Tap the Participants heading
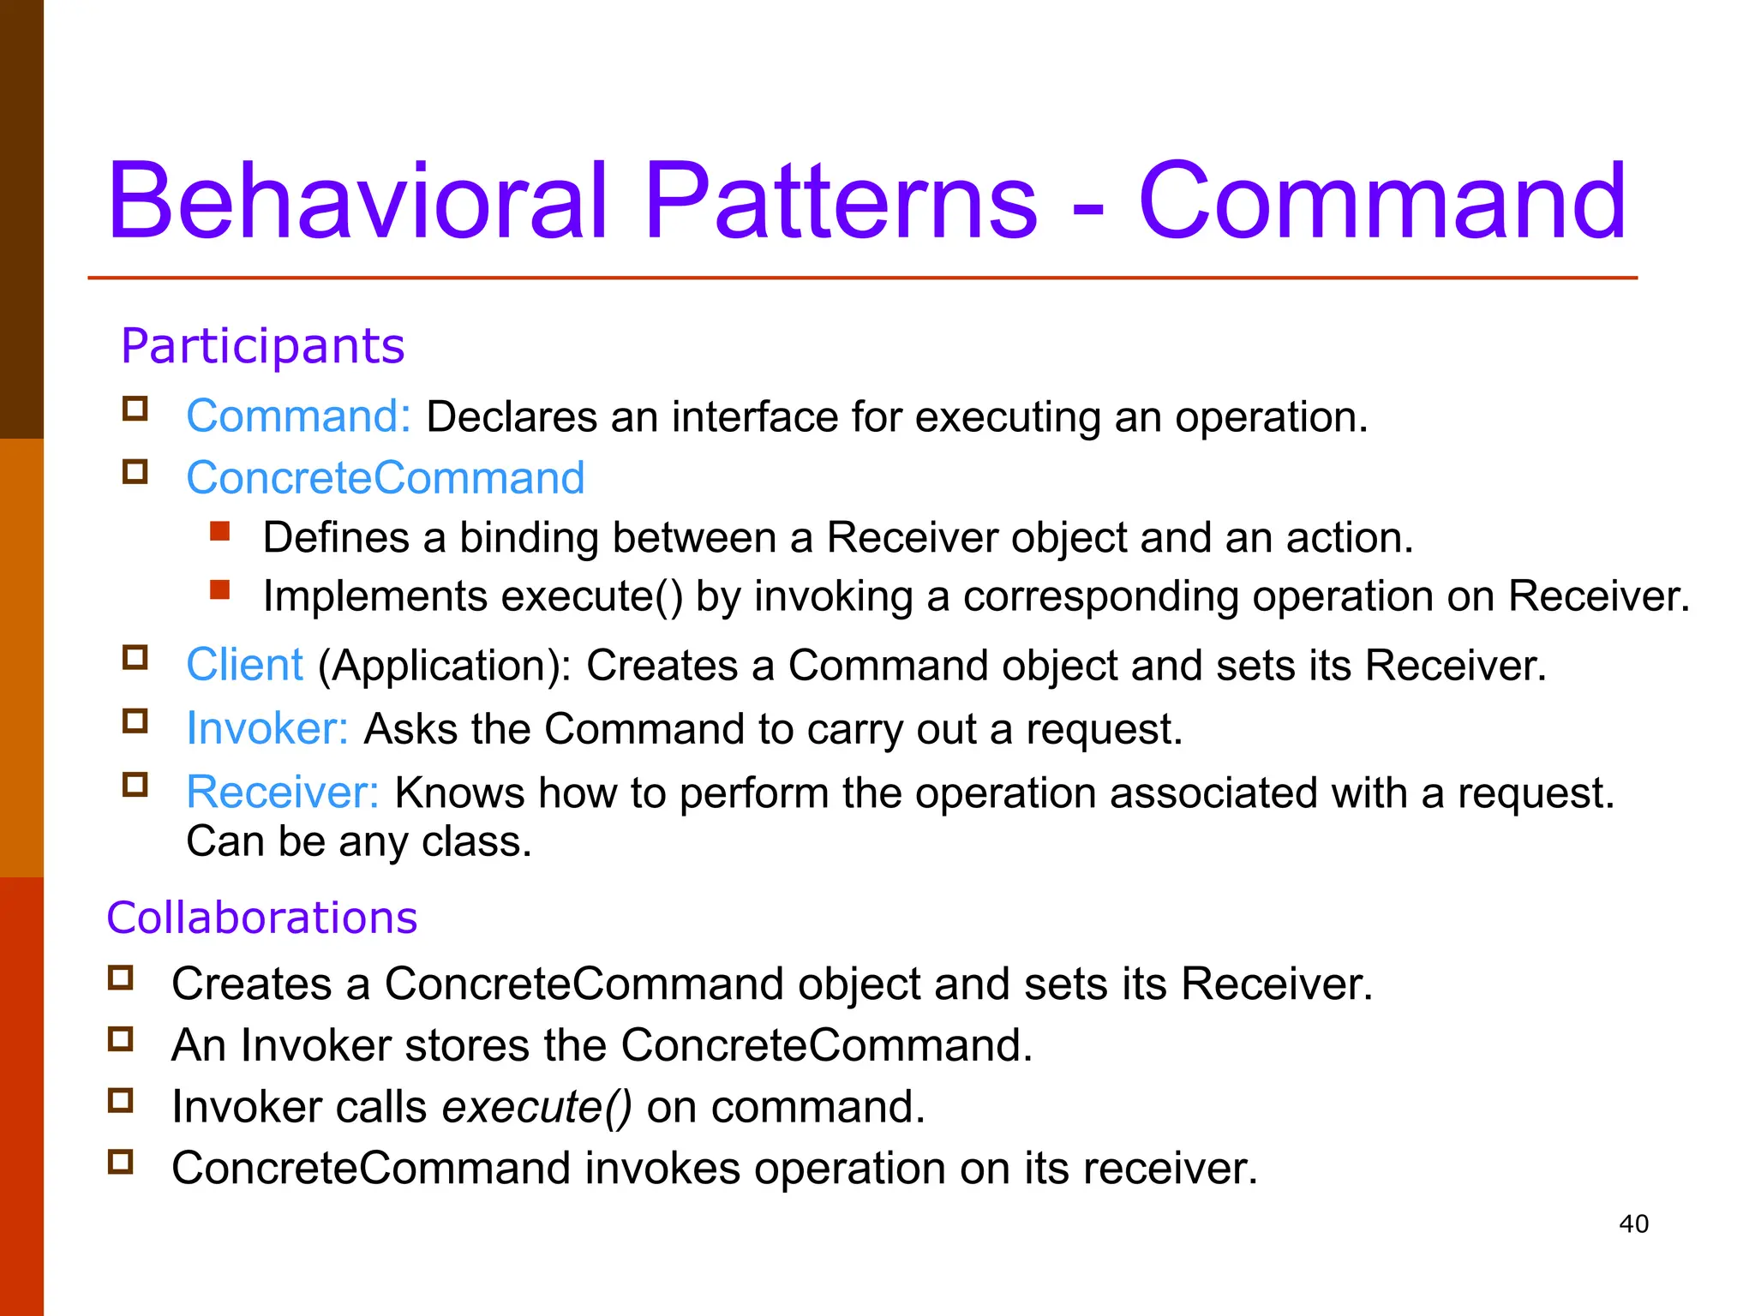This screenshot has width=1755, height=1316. [x=262, y=345]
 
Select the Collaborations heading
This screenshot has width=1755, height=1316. [x=261, y=918]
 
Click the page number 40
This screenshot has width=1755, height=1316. [x=1633, y=1223]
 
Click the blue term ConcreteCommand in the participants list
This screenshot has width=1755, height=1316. [x=386, y=477]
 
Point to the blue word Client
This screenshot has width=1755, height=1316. [x=244, y=665]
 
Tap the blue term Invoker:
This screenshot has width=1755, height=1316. [x=267, y=728]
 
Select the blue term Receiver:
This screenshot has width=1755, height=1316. [x=282, y=792]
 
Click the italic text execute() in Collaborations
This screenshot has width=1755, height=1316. [x=536, y=1106]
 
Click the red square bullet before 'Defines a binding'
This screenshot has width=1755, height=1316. [x=220, y=531]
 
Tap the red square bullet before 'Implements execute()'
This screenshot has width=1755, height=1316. [x=220, y=589]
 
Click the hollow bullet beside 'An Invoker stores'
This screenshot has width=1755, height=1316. [x=121, y=1038]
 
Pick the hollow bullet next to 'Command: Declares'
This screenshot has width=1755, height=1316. [x=135, y=409]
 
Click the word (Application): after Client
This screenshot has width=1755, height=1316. [x=444, y=666]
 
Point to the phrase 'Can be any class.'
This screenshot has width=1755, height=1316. [x=359, y=841]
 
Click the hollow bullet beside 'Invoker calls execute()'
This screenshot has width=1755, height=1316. [x=121, y=1100]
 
